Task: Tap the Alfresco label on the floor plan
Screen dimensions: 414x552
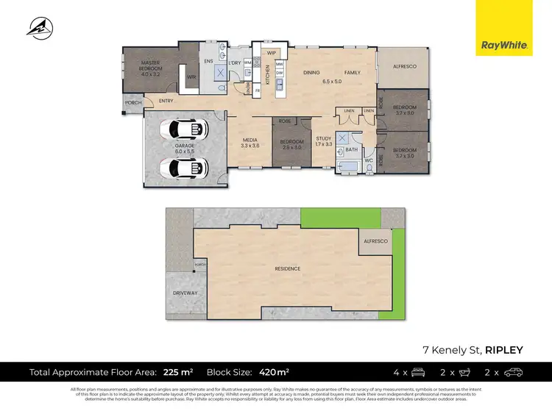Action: tap(404, 67)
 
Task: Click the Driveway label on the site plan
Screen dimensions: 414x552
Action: tap(185, 293)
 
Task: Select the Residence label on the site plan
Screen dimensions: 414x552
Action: tap(288, 268)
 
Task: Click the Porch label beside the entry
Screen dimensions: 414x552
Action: tap(133, 103)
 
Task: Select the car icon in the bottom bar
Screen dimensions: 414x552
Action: tap(514, 372)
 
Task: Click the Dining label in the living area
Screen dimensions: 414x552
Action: tap(311, 72)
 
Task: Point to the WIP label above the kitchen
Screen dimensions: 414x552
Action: tap(271, 53)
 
